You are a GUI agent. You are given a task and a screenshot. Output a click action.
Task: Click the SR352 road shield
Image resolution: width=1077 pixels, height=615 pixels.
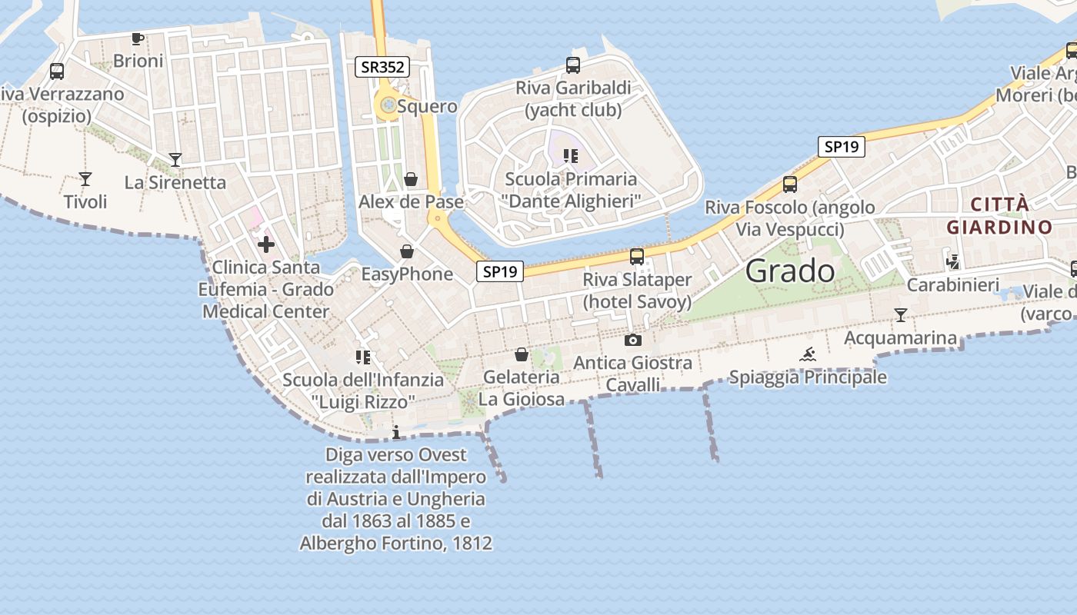click(382, 67)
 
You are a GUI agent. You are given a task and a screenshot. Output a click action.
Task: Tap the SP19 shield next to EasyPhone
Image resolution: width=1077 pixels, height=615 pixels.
click(499, 271)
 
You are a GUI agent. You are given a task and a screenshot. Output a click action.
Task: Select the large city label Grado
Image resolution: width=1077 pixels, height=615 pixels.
click(790, 271)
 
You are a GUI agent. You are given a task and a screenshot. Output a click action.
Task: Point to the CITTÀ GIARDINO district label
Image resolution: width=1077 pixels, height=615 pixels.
click(999, 216)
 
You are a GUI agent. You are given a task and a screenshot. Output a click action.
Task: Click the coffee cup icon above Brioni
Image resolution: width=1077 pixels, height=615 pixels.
click(138, 38)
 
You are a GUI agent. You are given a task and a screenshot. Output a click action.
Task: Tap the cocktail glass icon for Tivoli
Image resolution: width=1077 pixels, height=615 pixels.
click(85, 179)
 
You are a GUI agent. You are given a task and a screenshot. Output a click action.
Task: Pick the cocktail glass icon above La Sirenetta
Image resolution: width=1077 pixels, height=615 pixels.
click(175, 160)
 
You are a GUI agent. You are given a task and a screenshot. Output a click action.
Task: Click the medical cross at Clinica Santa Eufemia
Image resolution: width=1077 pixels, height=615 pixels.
click(266, 244)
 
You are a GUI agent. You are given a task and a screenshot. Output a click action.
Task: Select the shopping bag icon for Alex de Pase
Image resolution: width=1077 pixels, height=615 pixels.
click(412, 180)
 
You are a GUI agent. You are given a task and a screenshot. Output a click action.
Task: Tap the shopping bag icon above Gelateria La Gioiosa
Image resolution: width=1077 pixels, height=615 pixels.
click(522, 354)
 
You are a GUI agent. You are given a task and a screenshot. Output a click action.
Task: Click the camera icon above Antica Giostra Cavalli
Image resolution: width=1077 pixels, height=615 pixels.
click(632, 340)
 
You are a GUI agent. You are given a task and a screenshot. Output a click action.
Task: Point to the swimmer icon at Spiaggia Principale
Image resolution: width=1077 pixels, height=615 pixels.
click(808, 354)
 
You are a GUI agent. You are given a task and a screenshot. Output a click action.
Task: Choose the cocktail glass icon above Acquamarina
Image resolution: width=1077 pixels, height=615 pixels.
click(901, 315)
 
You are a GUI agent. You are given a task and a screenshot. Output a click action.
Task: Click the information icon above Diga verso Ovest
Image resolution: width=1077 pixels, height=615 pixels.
click(396, 432)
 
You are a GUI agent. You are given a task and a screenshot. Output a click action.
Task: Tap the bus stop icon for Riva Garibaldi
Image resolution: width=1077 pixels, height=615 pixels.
click(572, 65)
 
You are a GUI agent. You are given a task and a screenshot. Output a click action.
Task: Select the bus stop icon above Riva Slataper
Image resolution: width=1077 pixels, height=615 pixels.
click(637, 257)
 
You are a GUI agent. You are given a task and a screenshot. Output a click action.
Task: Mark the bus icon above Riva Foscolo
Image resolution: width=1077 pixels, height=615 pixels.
click(790, 184)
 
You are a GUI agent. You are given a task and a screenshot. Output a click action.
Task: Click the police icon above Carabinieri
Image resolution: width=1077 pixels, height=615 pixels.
click(953, 262)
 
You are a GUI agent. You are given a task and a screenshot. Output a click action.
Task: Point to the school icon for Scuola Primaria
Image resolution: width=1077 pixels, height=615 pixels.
click(570, 156)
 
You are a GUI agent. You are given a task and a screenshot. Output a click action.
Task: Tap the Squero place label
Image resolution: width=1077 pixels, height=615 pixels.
click(427, 106)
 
